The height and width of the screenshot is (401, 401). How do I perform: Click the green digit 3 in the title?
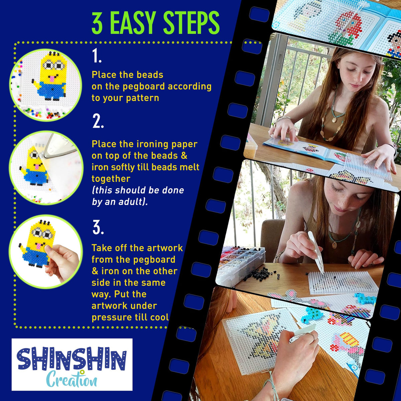[97, 23]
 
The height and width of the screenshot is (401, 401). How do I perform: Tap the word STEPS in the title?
[191, 23]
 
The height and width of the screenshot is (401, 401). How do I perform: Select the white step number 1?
[97, 55]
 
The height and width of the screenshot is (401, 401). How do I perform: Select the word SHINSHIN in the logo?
[72, 359]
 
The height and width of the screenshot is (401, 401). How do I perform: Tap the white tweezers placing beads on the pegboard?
[316, 252]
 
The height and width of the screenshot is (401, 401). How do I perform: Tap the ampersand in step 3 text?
[95, 271]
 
